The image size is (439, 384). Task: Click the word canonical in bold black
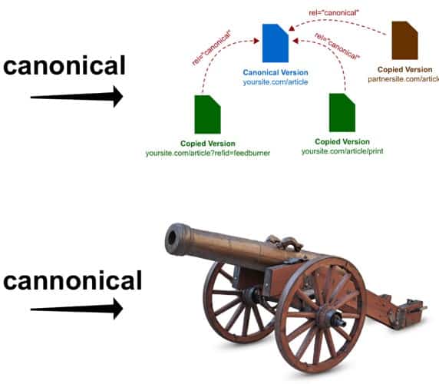[x=64, y=65]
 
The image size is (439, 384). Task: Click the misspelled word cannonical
[x=72, y=281]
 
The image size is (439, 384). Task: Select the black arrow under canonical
[x=77, y=97]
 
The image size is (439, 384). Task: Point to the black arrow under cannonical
[x=77, y=309]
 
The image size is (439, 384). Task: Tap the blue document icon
[x=276, y=43]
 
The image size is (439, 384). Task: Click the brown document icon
[x=404, y=41]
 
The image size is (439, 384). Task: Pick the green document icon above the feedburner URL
[x=207, y=114]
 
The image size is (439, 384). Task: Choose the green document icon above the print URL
[x=342, y=113]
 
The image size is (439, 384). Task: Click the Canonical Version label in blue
[x=276, y=72]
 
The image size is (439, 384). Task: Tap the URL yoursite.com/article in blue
[x=276, y=82]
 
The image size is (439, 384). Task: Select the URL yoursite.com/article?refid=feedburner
[x=208, y=153]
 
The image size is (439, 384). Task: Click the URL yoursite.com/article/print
[x=342, y=151]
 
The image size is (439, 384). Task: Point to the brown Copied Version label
[x=404, y=69]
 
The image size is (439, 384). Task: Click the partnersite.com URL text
[x=404, y=79]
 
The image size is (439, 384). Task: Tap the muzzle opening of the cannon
[x=172, y=238]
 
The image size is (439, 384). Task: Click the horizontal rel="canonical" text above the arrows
[x=334, y=12]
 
